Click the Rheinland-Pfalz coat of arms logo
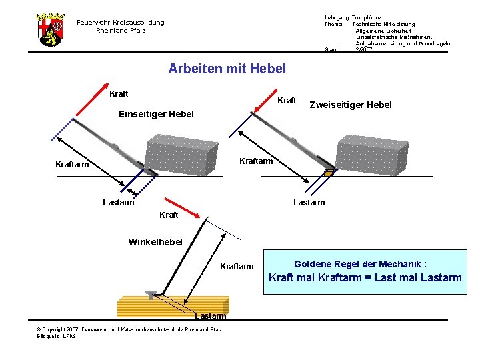click(x=50, y=29)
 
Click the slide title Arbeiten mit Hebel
click(x=227, y=68)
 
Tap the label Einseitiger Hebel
click(x=156, y=114)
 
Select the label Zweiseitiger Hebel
click(x=351, y=105)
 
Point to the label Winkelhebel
click(x=155, y=241)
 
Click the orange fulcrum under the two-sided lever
click(x=329, y=173)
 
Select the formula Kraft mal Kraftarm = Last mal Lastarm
click(x=365, y=277)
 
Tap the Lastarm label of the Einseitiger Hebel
click(x=118, y=202)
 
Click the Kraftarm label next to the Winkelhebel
click(x=237, y=267)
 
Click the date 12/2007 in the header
click(x=363, y=49)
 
